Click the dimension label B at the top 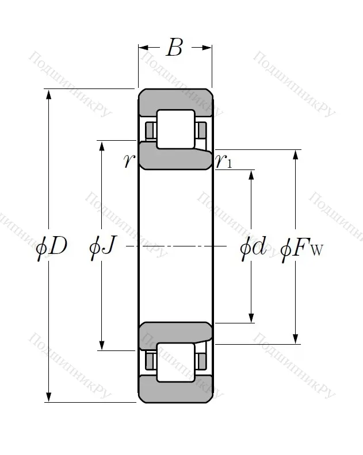pos(174,48)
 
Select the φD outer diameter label pos(51,246)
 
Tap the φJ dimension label pos(103,246)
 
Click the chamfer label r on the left pos(128,161)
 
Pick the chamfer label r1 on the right pos(224,161)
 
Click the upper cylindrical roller pos(175,129)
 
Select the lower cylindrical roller pos(175,362)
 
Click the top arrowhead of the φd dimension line pos(251,174)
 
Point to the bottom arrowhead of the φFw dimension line pos(296,339)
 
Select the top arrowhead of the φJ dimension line pos(102,145)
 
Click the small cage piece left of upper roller pos(151,130)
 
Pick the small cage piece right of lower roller pos(201,361)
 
